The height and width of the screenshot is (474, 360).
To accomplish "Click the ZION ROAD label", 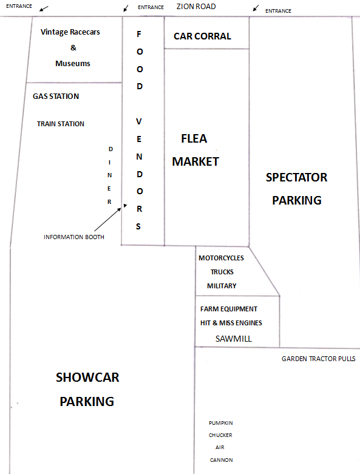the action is pos(196,6).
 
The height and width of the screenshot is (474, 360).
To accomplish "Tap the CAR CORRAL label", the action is pos(202,36).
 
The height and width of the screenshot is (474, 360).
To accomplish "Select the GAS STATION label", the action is pos(56,96).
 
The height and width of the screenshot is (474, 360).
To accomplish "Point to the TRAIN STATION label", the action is pos(61,124).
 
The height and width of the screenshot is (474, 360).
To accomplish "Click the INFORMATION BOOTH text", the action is pos(74,237).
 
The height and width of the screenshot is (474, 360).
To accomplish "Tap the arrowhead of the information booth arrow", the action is pos(125,206).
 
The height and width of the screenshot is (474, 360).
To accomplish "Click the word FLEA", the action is pos(194,138).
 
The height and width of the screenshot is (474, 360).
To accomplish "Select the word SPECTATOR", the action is pos(296,177).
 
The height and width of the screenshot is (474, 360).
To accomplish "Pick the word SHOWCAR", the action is pos(87,378).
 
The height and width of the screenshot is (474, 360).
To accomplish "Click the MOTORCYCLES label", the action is pos(221,258).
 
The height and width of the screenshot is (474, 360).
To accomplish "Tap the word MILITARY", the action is pos(222,286).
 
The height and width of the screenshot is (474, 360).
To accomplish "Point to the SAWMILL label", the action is pos(233,339).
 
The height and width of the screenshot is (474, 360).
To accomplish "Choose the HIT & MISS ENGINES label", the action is pos(231,323).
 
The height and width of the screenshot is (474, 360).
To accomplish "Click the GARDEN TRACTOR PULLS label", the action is pos(319,359).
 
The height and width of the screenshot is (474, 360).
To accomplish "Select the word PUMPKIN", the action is pos(220,423).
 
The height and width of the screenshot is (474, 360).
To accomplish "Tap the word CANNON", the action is pos(221,460).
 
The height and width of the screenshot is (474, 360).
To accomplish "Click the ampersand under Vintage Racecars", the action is pos(73,48).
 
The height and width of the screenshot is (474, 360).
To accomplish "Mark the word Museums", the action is pos(72,64).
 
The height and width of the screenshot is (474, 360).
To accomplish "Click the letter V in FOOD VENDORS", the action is pos(139,121).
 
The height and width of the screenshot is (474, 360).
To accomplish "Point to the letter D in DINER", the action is pos(110,149).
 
